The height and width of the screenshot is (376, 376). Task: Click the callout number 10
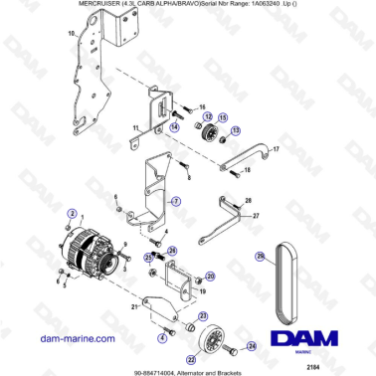[x=71, y=35]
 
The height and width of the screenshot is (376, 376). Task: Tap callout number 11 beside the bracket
[x=135, y=128]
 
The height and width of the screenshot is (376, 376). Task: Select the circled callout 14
[x=174, y=127]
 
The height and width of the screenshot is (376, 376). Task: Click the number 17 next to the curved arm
[x=276, y=150]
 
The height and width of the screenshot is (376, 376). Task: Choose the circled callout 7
[x=176, y=201]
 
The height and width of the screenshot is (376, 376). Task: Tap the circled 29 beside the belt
[x=286, y=257]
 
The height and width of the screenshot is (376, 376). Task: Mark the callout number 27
[x=256, y=215]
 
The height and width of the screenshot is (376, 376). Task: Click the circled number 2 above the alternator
[x=72, y=213]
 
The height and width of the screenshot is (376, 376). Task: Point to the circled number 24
[x=252, y=346]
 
